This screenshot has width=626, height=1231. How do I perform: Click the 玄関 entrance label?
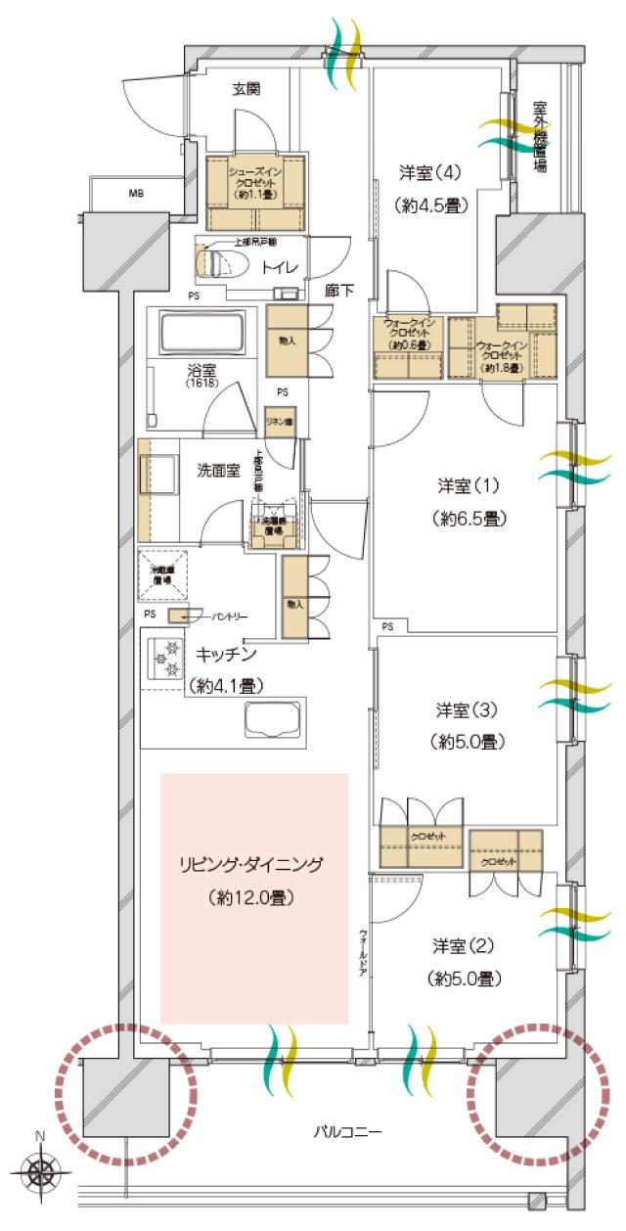[246, 90]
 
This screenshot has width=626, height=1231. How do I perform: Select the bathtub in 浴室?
[202, 335]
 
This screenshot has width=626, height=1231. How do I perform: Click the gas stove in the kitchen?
[164, 659]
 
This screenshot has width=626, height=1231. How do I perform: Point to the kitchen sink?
[274, 721]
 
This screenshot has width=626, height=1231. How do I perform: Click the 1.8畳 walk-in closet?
[502, 347]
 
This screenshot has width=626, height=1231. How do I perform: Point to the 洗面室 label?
[220, 471]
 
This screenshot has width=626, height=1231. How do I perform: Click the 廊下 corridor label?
[338, 290]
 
